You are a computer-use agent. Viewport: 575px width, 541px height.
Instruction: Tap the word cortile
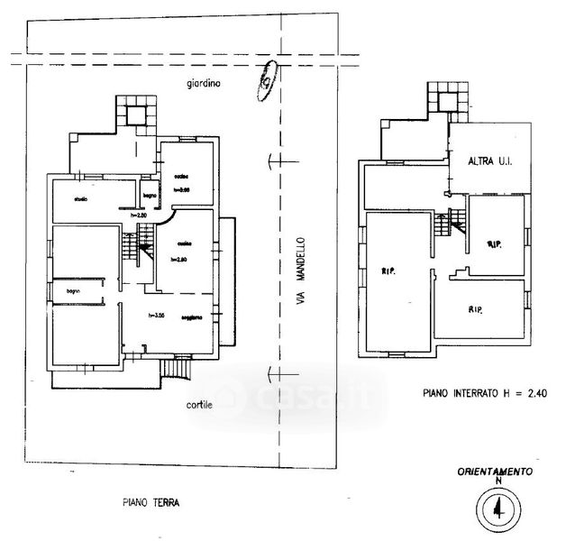[x=200, y=405]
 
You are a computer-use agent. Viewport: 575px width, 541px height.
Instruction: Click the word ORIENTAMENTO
[x=495, y=472]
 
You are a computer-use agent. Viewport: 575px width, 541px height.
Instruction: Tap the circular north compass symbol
[x=497, y=511]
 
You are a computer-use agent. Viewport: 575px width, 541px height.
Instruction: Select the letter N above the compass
[x=497, y=482]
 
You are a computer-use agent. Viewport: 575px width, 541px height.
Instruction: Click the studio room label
[x=79, y=199]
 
